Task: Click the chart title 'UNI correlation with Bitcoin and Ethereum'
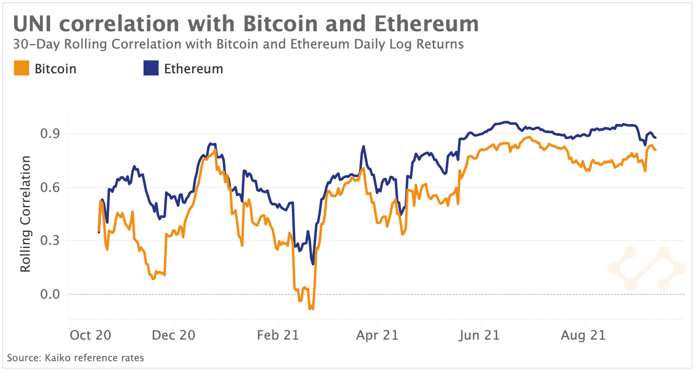[245, 24]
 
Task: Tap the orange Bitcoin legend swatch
[22, 69]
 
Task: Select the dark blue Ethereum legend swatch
[151, 69]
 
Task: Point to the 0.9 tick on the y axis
[47, 134]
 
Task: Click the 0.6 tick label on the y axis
[47, 188]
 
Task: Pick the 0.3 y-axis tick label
[47, 240]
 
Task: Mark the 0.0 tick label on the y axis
[47, 294]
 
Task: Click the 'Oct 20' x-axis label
[91, 335]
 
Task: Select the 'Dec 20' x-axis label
[174, 335]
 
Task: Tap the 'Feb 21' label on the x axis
[277, 335]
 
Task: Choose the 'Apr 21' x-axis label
[378, 335]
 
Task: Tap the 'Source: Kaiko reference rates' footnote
[76, 357]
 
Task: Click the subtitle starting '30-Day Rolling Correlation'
[238, 44]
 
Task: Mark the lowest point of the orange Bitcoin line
[310, 309]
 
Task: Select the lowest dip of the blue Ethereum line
[312, 264]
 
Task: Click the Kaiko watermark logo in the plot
[646, 268]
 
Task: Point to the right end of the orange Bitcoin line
[655, 149]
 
